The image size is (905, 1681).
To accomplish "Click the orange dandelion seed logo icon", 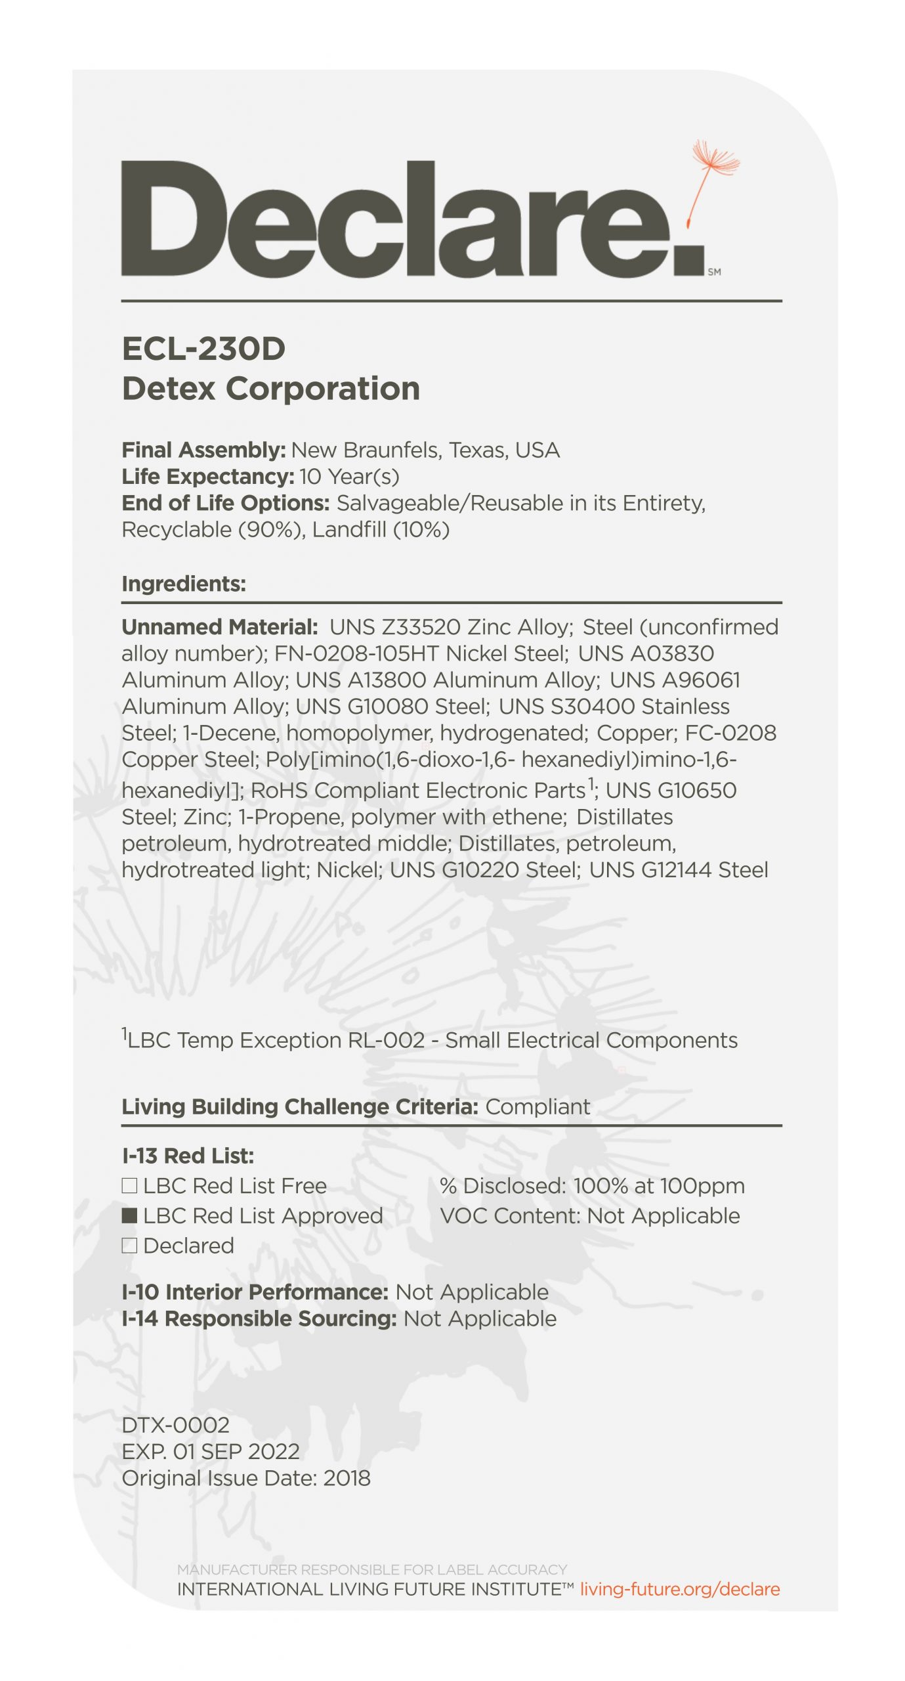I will point(714,177).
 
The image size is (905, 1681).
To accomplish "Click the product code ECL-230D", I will point(203,349).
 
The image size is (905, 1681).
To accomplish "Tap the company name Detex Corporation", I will point(270,388).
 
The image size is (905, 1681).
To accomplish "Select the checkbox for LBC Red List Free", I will point(129,1185).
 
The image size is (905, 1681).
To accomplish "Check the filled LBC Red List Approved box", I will point(129,1215).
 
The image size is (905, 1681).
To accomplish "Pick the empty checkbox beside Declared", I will point(129,1246).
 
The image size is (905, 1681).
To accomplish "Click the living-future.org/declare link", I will point(679,1589).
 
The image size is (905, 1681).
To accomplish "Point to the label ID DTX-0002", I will point(175,1425).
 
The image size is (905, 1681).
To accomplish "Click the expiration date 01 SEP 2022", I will point(236,1451).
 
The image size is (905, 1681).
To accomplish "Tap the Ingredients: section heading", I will point(184,584).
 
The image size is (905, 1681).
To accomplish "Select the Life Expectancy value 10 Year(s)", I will point(349,477).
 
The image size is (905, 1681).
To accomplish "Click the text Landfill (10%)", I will point(381,530).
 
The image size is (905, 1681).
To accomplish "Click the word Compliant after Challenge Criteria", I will point(537,1106).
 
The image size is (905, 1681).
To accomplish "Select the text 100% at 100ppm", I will point(659,1186).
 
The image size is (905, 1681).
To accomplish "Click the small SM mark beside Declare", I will point(714,272).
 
